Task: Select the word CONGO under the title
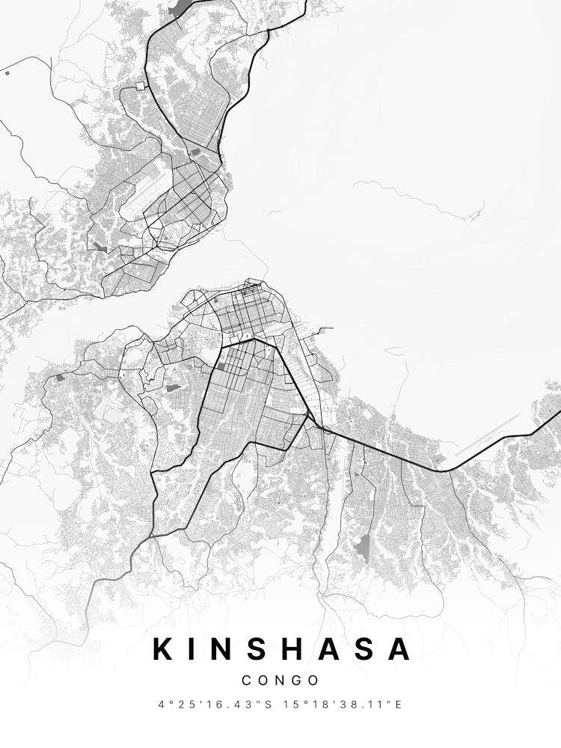point(280,681)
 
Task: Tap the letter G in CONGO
point(296,681)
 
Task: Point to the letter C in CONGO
point(247,681)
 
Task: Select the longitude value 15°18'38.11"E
point(345,705)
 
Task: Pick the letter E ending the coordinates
point(399,705)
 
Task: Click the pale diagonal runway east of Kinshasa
point(486,435)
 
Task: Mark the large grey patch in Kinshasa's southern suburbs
point(363,548)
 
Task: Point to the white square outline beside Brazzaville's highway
point(140,86)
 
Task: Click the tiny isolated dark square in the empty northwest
point(7,73)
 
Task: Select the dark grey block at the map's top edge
point(181,8)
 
